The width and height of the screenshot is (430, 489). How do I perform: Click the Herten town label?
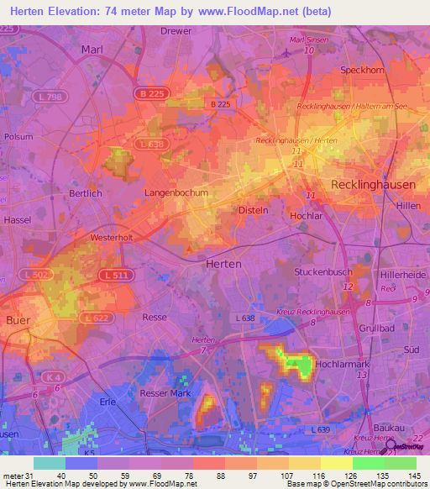223,264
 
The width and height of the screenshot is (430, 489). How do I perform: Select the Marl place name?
92,50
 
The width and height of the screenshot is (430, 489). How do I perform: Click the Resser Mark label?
168,393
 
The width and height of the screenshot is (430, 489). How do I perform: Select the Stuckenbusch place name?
322,273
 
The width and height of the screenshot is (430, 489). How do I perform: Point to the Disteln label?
254,210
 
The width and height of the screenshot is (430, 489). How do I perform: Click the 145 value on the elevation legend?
415,475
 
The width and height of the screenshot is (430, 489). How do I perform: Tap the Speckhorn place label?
362,71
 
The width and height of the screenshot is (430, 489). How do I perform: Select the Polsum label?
18,136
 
